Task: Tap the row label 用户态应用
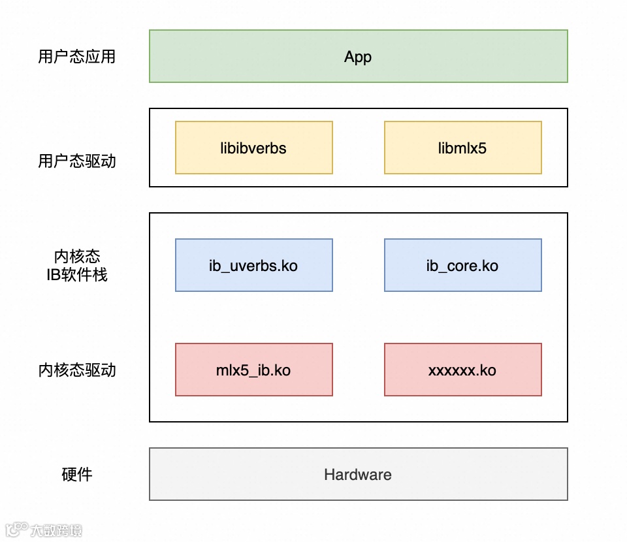click(77, 57)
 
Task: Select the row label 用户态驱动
click(77, 161)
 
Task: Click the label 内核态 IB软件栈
click(77, 266)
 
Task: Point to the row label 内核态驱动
click(77, 370)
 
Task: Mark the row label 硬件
click(77, 475)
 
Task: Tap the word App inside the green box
click(358, 57)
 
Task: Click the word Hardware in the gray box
click(358, 475)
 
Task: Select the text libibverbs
click(253, 148)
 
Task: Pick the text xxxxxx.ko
click(462, 370)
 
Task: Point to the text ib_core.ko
click(462, 266)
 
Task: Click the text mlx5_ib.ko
click(253, 370)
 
